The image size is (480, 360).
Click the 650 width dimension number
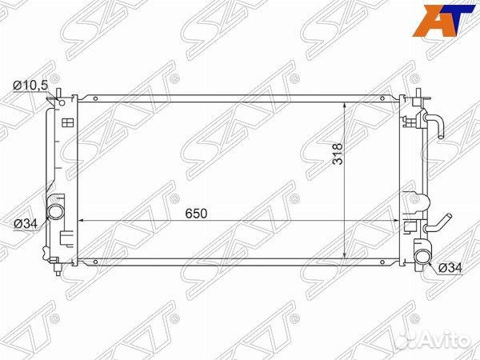click(196, 214)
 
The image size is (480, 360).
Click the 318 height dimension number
click(338, 154)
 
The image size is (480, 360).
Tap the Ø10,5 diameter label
click(31, 86)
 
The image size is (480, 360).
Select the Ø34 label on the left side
click(26, 224)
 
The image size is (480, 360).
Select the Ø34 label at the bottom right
click(450, 268)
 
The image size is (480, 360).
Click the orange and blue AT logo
click(443, 21)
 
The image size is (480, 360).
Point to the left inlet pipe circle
click(55, 211)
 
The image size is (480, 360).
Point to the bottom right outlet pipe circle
click(422, 257)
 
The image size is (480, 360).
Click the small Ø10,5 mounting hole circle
click(62, 103)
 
